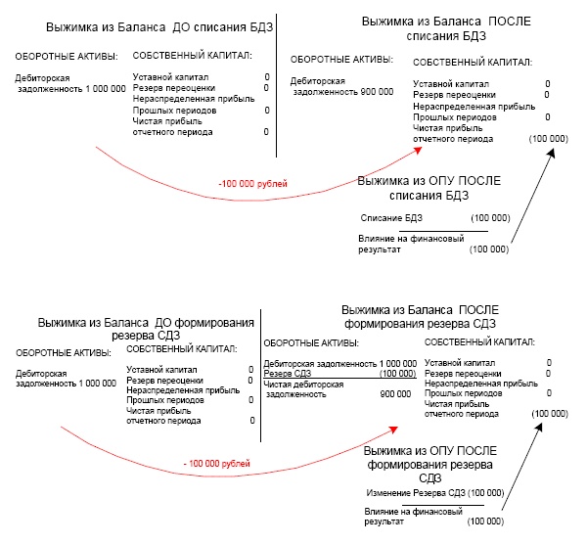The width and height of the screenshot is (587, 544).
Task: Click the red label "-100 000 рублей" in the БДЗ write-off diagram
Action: pyautogui.click(x=252, y=184)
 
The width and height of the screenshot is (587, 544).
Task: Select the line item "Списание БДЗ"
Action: pyautogui.click(x=391, y=218)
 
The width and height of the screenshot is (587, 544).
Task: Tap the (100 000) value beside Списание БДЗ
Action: pyautogui.click(x=490, y=218)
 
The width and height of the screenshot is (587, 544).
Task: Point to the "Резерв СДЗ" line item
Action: pyautogui.click(x=287, y=374)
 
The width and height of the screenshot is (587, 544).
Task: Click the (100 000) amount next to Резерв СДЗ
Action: pyautogui.click(x=397, y=374)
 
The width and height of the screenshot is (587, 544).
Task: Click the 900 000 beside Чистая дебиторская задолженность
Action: pyautogui.click(x=395, y=394)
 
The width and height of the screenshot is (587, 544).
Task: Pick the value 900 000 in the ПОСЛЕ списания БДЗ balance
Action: pyautogui.click(x=377, y=92)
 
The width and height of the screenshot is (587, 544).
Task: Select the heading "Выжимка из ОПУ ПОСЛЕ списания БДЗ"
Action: pyautogui.click(x=429, y=188)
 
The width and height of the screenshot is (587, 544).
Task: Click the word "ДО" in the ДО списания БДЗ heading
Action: pyautogui.click(x=181, y=27)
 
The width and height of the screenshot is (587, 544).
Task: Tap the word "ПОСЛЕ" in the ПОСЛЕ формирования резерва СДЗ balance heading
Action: pyautogui.click(x=478, y=310)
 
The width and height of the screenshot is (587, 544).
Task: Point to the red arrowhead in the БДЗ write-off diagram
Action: pyautogui.click(x=418, y=151)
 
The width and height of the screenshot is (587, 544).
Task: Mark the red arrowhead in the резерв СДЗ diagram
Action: pyautogui.click(x=393, y=430)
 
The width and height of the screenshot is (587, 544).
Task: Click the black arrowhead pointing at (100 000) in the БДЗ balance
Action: pyautogui.click(x=551, y=154)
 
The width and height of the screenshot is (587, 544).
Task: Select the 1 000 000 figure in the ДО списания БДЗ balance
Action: pyautogui.click(x=106, y=89)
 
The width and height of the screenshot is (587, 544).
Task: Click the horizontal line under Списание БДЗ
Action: pyautogui.click(x=443, y=231)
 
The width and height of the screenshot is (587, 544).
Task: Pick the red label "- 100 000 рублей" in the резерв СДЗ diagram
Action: pyautogui.click(x=217, y=464)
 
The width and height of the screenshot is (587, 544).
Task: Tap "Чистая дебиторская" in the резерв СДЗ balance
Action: pyautogui.click(x=303, y=385)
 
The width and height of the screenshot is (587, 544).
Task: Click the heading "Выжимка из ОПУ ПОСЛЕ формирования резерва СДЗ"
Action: pyautogui.click(x=430, y=464)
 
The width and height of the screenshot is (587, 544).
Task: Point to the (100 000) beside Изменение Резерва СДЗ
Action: pyautogui.click(x=486, y=493)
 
